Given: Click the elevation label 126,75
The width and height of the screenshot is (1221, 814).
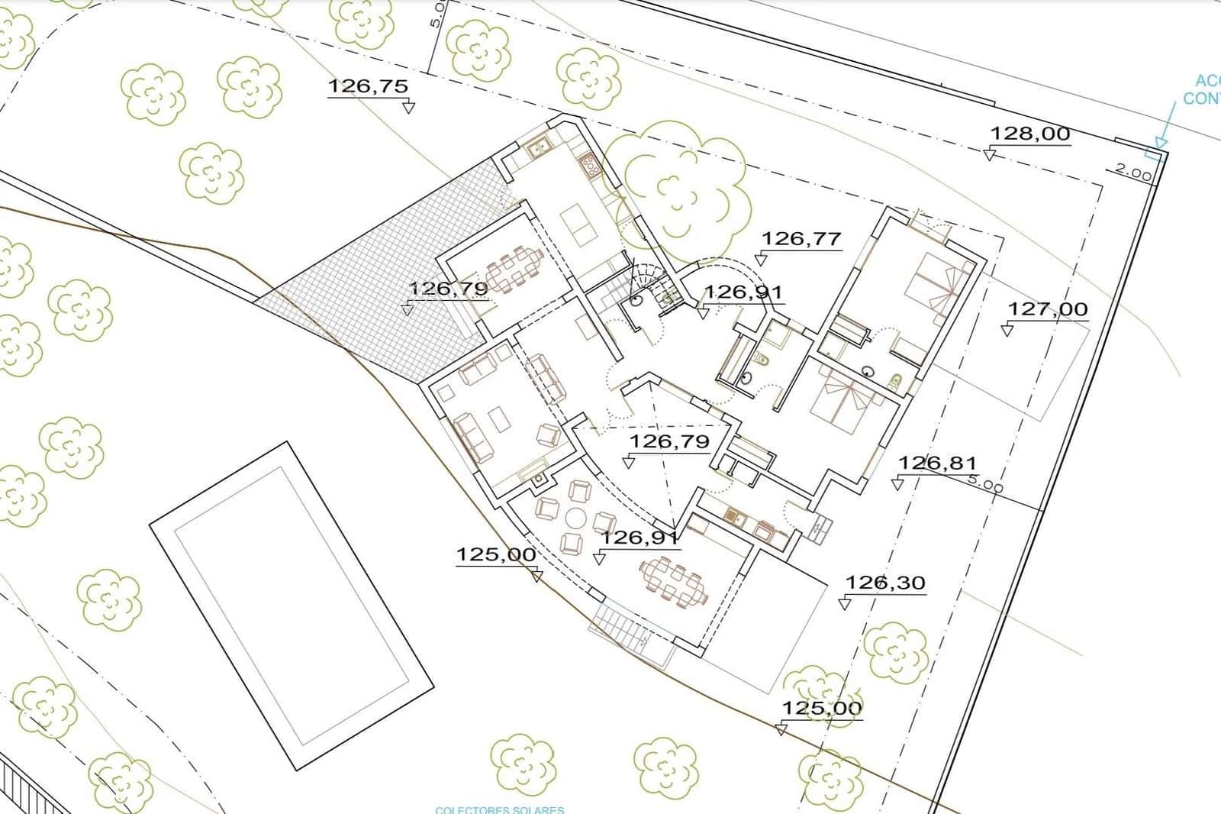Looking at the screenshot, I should [x=368, y=86].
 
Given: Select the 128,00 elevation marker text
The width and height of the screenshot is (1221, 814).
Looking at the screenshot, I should [x=1029, y=134].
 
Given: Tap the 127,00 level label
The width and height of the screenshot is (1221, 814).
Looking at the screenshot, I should [x=1048, y=309].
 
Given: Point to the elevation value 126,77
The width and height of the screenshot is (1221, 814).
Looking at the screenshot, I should [x=801, y=239].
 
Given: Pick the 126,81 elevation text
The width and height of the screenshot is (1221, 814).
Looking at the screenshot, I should [x=937, y=463].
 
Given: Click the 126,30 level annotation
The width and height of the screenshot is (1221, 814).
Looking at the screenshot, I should [x=885, y=583].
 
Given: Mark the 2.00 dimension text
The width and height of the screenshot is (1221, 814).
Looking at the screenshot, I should [x=1133, y=173].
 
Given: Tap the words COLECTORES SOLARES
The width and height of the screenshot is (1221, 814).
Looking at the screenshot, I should [x=499, y=809].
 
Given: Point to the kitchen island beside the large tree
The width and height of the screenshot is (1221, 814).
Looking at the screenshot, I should [x=581, y=226].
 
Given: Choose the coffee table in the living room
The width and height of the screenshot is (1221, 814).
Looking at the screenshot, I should [x=500, y=421].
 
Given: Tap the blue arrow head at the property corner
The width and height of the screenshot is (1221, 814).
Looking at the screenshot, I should [x=1161, y=142].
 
